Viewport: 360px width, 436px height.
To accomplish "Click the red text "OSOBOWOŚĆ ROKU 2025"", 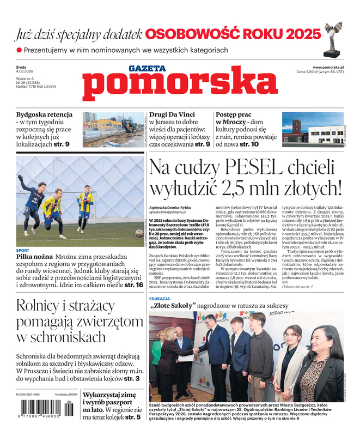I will click(x=233, y=34).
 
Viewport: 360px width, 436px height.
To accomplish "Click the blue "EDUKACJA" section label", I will click(x=162, y=299).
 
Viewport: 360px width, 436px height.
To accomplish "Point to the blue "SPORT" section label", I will click(x=22, y=251).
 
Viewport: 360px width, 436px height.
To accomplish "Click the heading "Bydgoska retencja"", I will click(x=44, y=115).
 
